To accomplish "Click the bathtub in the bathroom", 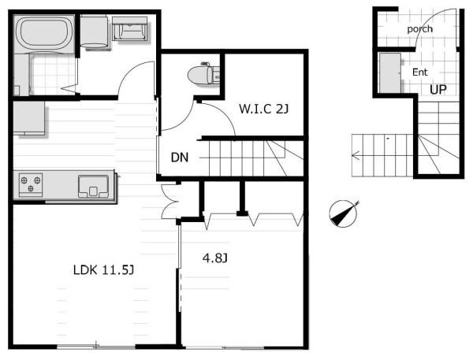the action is (44, 33).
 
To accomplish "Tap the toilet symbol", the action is (203, 74).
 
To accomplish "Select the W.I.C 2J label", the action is (263, 109).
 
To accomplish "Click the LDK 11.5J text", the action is (103, 270).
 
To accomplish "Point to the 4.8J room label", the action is (215, 258).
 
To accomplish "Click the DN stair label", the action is (180, 157).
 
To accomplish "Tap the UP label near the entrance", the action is (438, 90).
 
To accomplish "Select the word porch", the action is (419, 29).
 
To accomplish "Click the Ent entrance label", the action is (420, 72).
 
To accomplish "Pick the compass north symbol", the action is (343, 213).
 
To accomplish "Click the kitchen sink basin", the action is (93, 187).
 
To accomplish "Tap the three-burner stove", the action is (31, 184).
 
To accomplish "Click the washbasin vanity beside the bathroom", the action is (130, 28).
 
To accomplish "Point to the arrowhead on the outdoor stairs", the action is (355, 155).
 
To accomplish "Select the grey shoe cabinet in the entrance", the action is (389, 73).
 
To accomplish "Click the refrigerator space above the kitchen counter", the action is (29, 118).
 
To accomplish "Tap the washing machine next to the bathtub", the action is (94, 32).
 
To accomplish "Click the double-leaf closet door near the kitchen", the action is (169, 202).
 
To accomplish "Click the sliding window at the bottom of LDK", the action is (96, 347).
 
